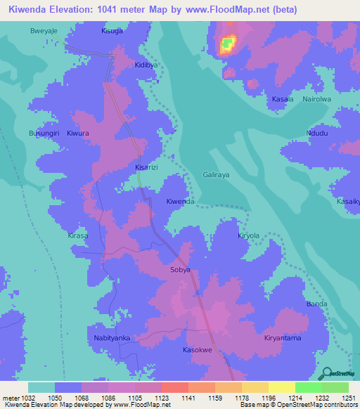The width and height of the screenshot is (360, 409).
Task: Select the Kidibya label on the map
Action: (x=146, y=65)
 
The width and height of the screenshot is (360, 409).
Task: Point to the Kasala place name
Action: (x=283, y=100)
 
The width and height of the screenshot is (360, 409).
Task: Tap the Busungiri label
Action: (x=44, y=133)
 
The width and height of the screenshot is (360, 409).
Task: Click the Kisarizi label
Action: (x=146, y=168)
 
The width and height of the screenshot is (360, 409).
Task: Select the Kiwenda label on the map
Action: (x=180, y=202)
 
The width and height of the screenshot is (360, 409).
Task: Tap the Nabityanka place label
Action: (x=112, y=338)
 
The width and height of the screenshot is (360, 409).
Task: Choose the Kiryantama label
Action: (x=283, y=338)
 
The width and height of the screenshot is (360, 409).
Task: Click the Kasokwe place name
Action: (x=198, y=350)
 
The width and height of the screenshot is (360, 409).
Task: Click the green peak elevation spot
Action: (x=226, y=46)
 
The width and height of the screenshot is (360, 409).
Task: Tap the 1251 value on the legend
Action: (x=349, y=398)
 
